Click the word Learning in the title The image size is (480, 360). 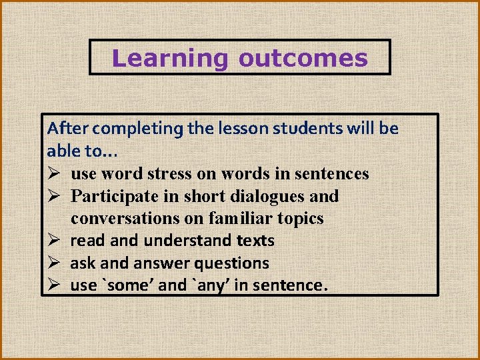point(170,59)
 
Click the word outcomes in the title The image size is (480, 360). point(303,59)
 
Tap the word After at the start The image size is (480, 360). point(65,128)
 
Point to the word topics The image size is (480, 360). point(299,219)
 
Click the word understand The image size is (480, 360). point(179,241)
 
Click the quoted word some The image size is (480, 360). point(129,285)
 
